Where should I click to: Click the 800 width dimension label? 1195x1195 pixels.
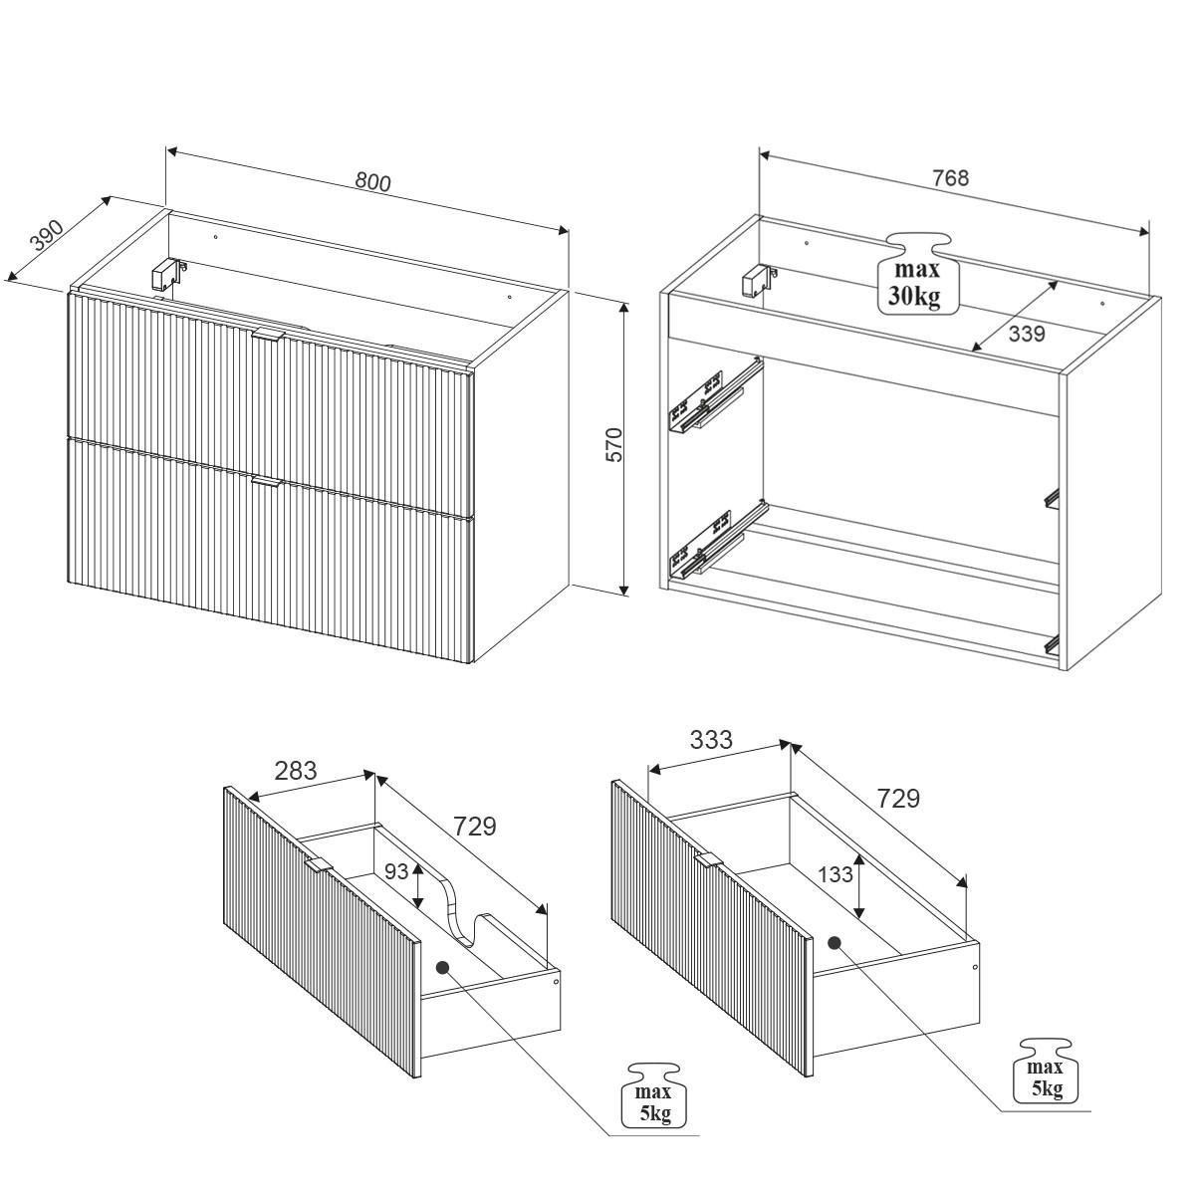pyautogui.click(x=372, y=182)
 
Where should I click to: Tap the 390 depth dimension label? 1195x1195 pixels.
pyautogui.click(x=48, y=234)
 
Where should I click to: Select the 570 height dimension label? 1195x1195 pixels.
pyautogui.click(x=614, y=444)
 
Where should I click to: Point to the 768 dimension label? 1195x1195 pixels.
pyautogui.click(x=950, y=178)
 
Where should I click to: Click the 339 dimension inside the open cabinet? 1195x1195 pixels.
pyautogui.click(x=1027, y=334)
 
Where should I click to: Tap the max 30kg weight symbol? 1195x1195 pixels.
pyautogui.click(x=917, y=274)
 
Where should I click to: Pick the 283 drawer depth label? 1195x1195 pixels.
pyautogui.click(x=296, y=770)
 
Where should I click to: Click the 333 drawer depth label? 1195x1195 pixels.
pyautogui.click(x=711, y=739)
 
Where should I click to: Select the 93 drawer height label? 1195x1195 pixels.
pyautogui.click(x=396, y=872)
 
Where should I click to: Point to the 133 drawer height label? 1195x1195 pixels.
pyautogui.click(x=836, y=874)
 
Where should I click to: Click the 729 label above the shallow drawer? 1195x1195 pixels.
pyautogui.click(x=474, y=826)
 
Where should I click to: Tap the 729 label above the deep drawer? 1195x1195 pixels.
pyautogui.click(x=897, y=798)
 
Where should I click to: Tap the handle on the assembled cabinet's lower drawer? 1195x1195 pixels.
pyautogui.click(x=268, y=482)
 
